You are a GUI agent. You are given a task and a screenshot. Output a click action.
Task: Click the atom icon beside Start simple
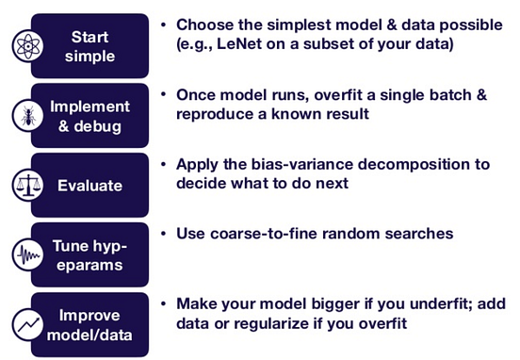pos(25,46)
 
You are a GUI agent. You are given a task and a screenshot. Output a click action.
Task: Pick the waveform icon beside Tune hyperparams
pos(25,255)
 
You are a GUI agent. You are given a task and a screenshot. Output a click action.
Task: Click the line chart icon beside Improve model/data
pos(25,325)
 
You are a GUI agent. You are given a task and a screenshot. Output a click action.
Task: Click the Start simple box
pos(90,46)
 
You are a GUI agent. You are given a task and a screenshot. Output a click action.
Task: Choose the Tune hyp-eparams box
pos(90,255)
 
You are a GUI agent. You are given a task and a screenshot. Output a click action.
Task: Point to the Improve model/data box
pos(90,325)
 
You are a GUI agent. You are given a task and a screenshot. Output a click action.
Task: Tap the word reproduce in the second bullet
pos(215,113)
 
